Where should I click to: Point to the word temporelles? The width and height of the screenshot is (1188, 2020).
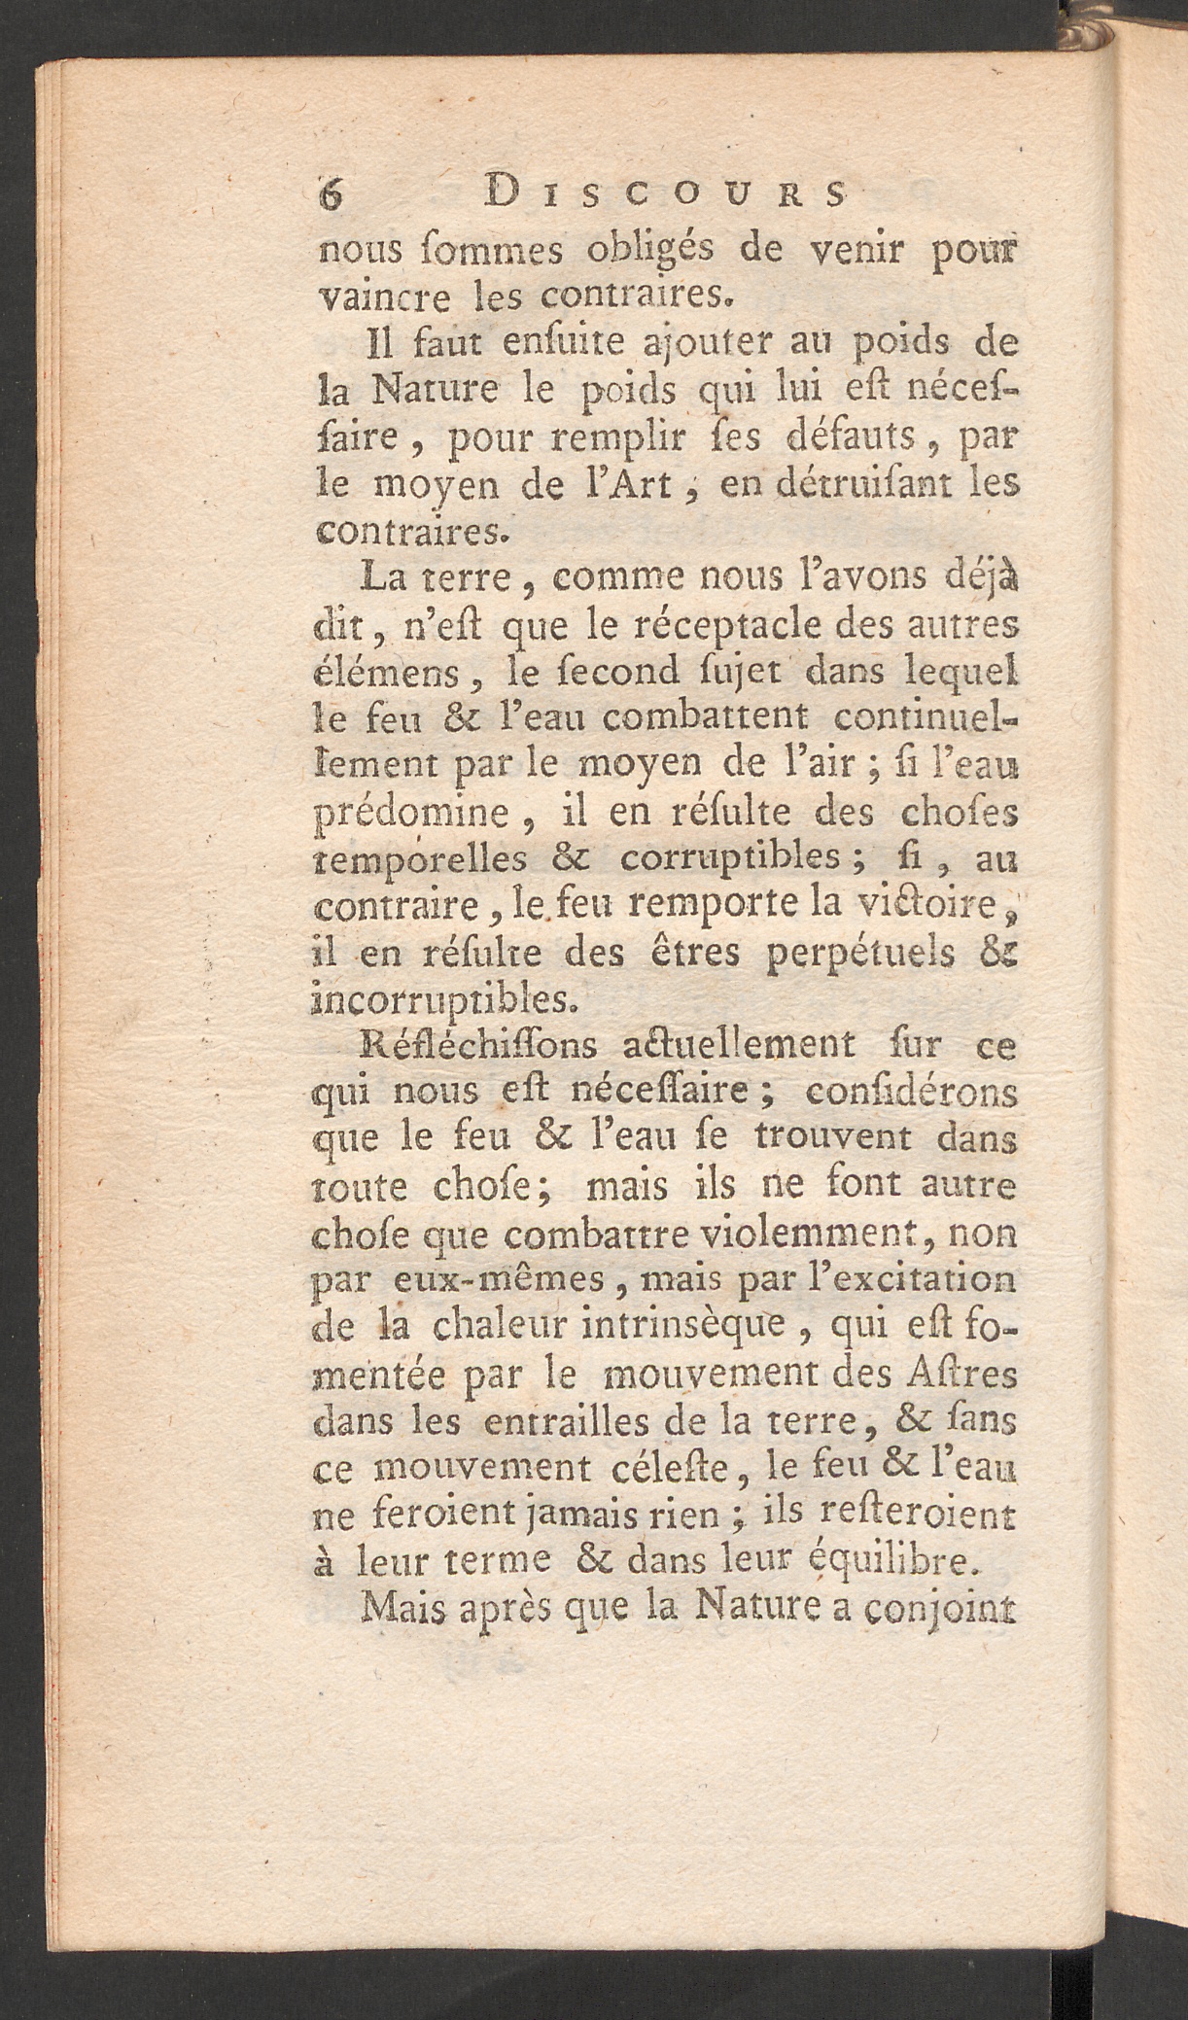420,859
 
